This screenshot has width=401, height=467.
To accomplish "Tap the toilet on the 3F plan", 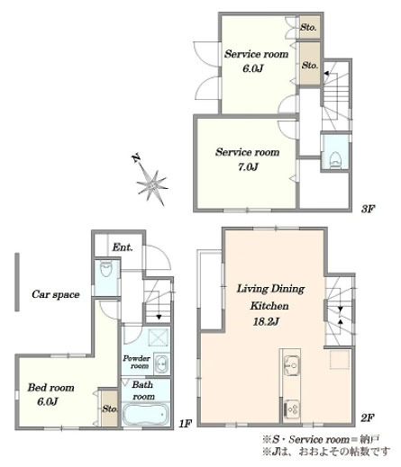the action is pos(334,159).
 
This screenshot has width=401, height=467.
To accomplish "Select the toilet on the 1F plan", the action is pos(105,269).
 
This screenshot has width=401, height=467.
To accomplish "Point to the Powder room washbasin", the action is pos(161,364).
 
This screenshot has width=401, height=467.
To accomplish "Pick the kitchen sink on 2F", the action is pos(291,365).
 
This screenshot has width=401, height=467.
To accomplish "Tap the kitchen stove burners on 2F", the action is pos(291,409).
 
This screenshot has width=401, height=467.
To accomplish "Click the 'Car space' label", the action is pos(56,294).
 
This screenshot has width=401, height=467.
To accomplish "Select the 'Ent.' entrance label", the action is pos(122,247).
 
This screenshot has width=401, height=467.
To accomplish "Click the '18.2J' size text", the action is pos(266,322).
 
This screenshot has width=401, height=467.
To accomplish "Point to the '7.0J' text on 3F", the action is pos(248,166).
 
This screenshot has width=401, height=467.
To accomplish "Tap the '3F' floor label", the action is pos(368,209).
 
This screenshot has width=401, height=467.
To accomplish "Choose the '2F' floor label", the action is pos(367,418).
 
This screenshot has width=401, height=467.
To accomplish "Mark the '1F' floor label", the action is pos(185,424).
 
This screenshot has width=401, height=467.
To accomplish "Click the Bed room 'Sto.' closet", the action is pos(109,408).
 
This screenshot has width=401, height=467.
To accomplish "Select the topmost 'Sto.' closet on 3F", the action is pos(309,27).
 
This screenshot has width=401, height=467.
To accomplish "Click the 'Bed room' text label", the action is pos(50,388).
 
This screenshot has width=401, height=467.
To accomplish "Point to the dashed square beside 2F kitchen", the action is pos(340,359).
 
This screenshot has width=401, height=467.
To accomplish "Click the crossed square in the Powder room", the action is pos(158,337).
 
